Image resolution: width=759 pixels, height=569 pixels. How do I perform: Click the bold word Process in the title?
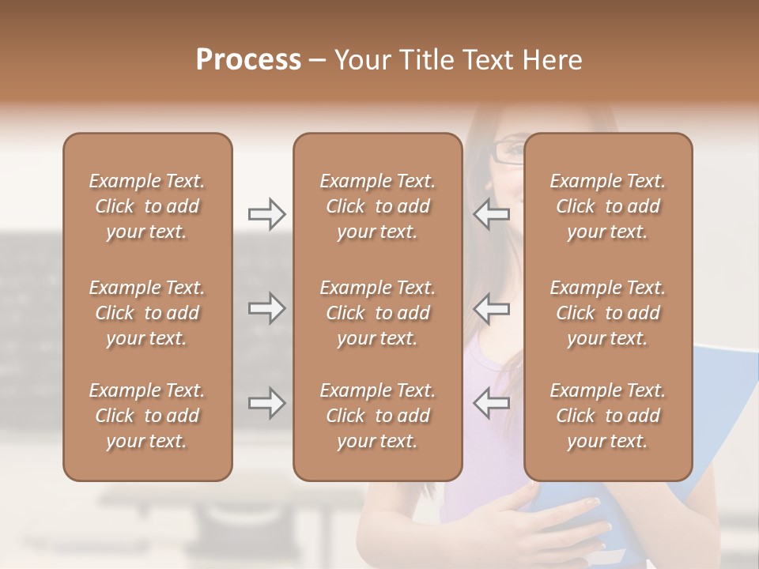click(248, 60)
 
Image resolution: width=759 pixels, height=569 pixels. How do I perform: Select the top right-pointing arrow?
click(266, 214)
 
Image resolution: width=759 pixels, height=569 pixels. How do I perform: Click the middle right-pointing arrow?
click(266, 308)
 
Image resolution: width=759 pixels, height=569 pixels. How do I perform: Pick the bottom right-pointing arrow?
click(266, 403)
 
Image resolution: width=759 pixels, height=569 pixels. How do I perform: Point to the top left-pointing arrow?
click(491, 214)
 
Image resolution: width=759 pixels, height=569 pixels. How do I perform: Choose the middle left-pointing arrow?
click(491, 308)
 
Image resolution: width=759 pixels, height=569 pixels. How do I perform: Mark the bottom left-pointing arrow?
click(491, 403)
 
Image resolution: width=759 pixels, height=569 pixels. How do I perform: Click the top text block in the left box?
click(147, 206)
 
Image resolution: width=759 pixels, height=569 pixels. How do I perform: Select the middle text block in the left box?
click(147, 313)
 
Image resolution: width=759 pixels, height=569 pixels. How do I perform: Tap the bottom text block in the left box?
click(147, 416)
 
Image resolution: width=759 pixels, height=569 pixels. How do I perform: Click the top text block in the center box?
click(377, 206)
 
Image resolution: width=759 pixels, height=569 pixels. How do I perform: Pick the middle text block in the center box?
click(377, 313)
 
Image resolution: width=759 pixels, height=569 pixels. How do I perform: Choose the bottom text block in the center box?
click(377, 416)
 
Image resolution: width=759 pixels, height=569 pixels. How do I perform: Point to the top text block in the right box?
click(607, 206)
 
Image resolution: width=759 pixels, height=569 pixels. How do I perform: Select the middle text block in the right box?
click(607, 313)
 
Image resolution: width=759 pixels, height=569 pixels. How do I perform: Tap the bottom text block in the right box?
click(607, 416)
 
